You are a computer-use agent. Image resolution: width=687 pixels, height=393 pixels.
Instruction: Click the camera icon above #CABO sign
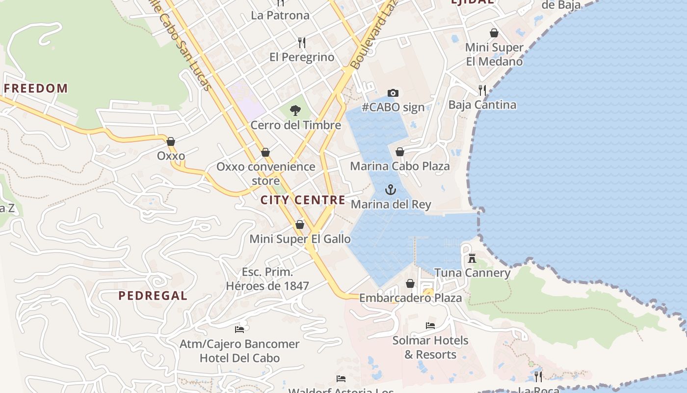[393, 93]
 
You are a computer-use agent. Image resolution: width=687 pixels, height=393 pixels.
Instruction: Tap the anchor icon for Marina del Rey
[391, 190]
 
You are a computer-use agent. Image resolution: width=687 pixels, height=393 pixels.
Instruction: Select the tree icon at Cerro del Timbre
[295, 111]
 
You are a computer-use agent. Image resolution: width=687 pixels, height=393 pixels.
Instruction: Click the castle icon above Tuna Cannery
[472, 258]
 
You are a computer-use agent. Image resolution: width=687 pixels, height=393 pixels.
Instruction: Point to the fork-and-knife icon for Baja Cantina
[482, 90]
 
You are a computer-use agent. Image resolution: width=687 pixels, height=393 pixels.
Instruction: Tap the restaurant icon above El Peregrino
[302, 43]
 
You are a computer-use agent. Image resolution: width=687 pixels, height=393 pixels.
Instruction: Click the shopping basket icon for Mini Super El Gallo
[300, 225]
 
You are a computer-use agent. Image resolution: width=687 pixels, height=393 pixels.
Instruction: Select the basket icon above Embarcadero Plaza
[410, 283]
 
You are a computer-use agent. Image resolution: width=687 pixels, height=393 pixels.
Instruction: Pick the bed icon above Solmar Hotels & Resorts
[430, 326]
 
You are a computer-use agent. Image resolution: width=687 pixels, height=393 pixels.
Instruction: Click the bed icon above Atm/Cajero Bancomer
[239, 329]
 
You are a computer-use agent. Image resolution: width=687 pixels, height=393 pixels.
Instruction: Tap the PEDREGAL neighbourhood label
[153, 296]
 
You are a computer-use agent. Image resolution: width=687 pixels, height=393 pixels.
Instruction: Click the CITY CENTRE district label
[303, 200]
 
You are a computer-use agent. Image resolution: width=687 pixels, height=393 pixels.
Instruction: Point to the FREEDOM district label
[36, 88]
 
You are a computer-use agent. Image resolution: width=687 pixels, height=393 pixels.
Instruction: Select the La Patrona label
[280, 15]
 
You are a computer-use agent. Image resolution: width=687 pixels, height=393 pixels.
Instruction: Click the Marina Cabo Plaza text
[399, 166]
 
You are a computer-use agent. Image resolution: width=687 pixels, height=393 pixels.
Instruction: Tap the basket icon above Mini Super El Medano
[494, 33]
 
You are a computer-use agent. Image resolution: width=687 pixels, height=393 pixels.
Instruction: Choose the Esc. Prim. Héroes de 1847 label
[267, 279]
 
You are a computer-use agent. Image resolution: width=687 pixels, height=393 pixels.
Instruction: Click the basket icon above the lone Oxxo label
[171, 141]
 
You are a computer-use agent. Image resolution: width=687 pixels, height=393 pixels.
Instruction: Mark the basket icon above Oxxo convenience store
[265, 152]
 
